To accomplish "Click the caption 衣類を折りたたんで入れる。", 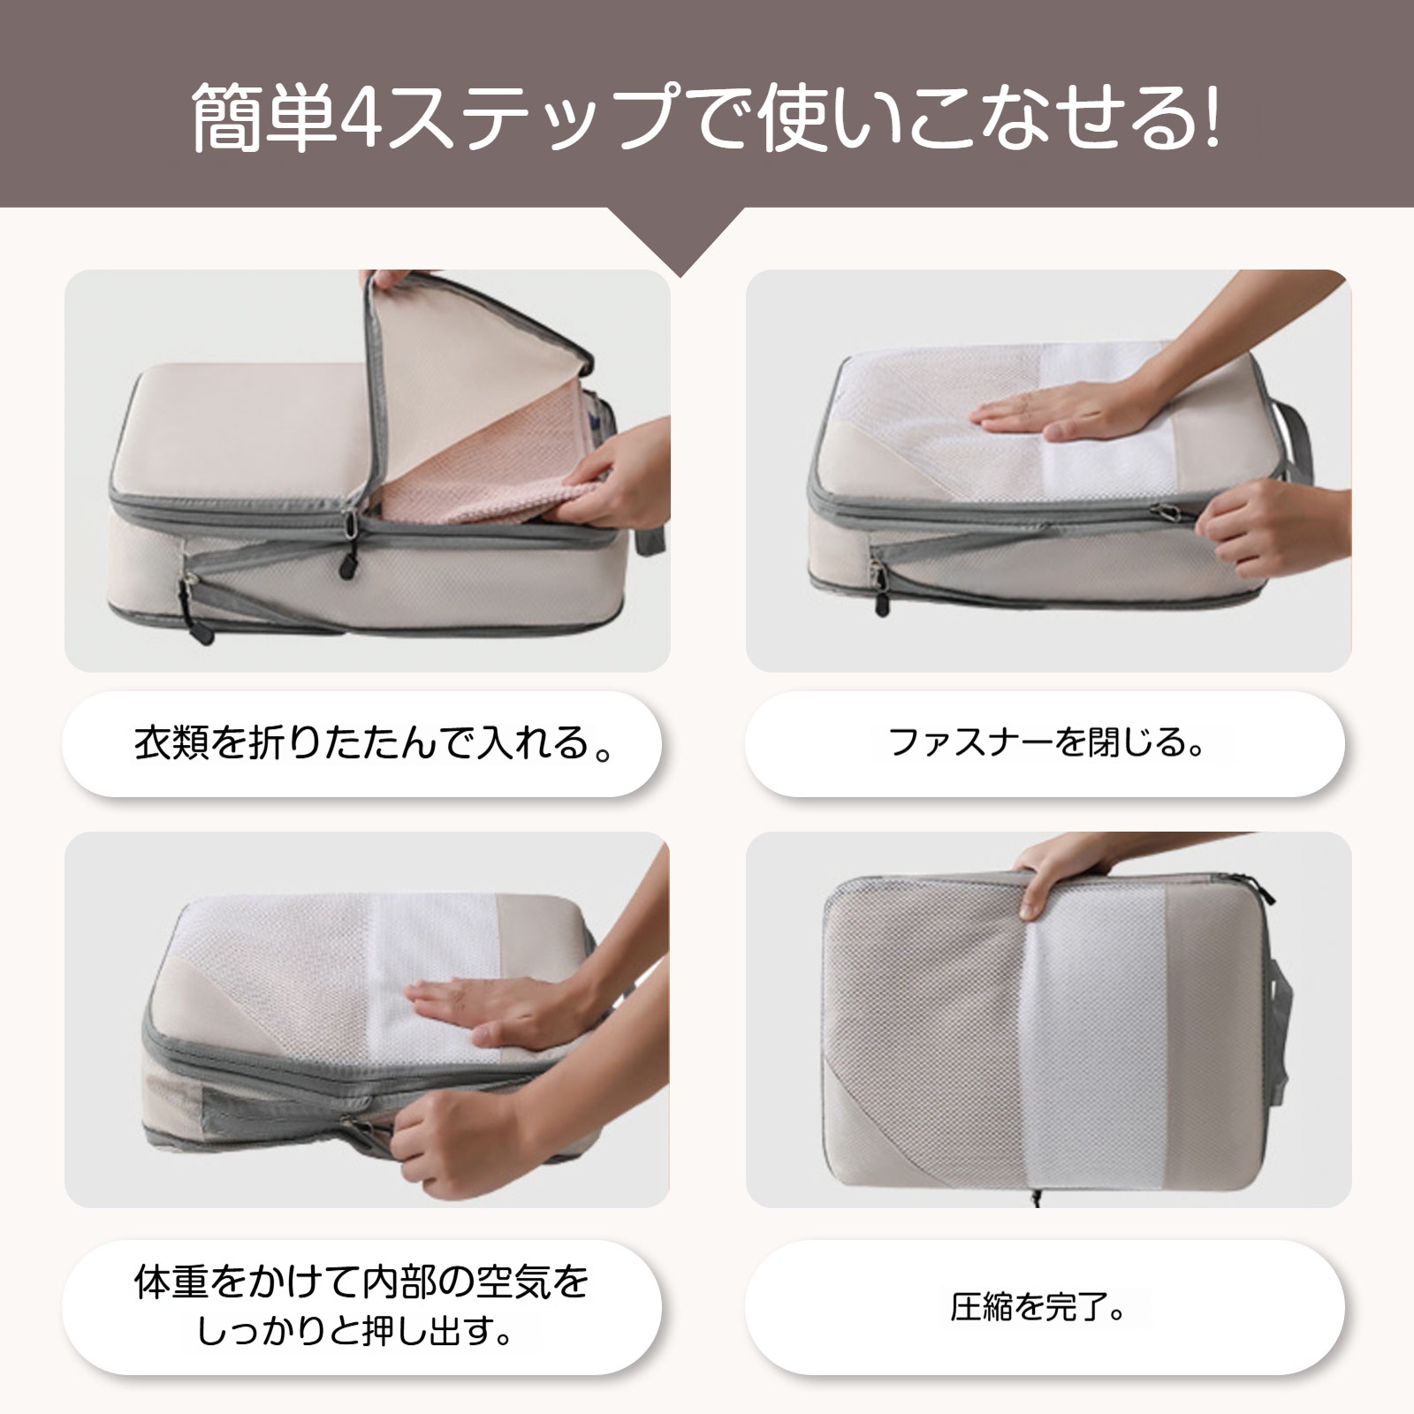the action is pos(375,742).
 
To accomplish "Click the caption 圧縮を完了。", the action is pos(1039,1306).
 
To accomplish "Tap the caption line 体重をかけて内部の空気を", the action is pos(361,1282).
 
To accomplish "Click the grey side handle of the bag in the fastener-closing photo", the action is pos(1297,446).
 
